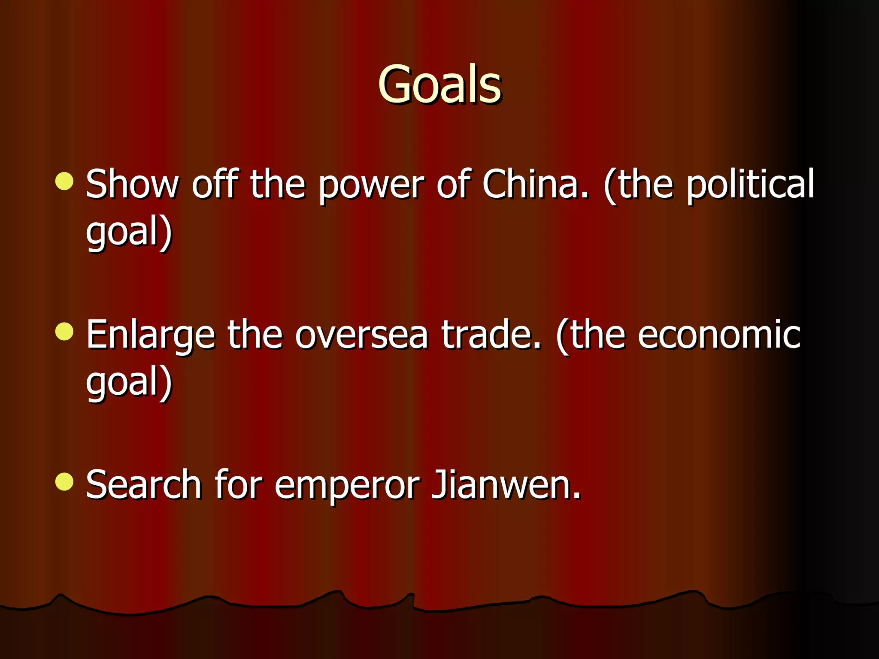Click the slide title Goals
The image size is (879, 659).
coord(439,85)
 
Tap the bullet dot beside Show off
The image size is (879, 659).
coord(64,181)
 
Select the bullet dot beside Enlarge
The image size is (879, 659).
coord(64,332)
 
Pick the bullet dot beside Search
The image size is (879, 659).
coord(64,481)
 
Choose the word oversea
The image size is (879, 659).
coord(361,336)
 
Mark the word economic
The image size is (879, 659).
coord(719,336)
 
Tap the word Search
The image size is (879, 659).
coord(144,485)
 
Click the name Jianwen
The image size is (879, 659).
coord(506,485)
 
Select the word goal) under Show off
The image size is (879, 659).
coord(129,233)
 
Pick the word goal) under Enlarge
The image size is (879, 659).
coord(129,383)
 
